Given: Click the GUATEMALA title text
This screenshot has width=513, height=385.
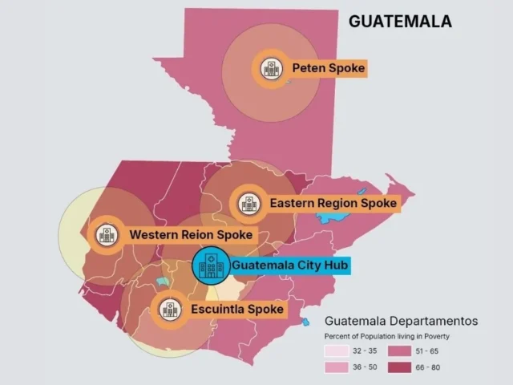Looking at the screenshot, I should coord(400,22).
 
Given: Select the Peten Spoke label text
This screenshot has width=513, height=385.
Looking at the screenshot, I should coord(329,69).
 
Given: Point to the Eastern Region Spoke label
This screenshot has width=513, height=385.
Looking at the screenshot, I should coord(333,204).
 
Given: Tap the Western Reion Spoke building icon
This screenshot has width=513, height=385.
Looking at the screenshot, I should coord(106,235).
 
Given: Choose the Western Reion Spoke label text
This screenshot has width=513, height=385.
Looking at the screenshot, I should coord(191,236).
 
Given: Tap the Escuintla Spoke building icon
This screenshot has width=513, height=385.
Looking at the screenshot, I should coord(169,309).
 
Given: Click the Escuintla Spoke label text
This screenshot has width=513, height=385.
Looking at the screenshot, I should coord(236,309).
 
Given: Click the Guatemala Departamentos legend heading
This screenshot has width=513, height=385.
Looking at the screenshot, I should coord(400,321).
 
